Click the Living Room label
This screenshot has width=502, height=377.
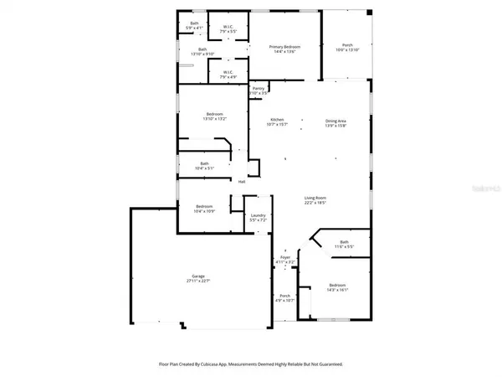315,198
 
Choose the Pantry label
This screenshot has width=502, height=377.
259,87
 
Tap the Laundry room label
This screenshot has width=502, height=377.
258,215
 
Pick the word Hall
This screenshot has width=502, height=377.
242,181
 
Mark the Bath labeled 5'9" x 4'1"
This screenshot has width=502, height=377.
194,23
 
